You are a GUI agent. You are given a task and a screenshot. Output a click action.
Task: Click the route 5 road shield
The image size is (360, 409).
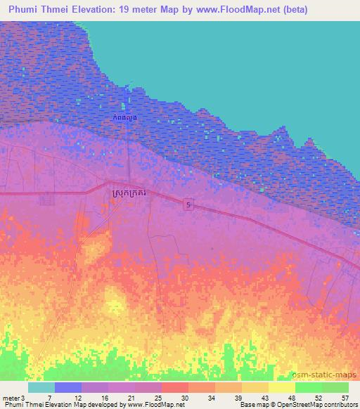pos(188,204)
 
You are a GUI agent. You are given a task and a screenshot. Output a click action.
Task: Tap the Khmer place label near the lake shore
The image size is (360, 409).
pos(123,118)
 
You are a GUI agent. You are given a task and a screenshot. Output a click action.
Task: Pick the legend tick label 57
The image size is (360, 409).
pos(344,397)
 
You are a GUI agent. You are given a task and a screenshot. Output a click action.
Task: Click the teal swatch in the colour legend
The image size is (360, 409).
pos(41,387)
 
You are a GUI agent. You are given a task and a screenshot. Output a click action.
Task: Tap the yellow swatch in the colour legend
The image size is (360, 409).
pos(282,387)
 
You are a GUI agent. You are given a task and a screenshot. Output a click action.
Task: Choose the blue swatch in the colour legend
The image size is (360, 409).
pos(68,387)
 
